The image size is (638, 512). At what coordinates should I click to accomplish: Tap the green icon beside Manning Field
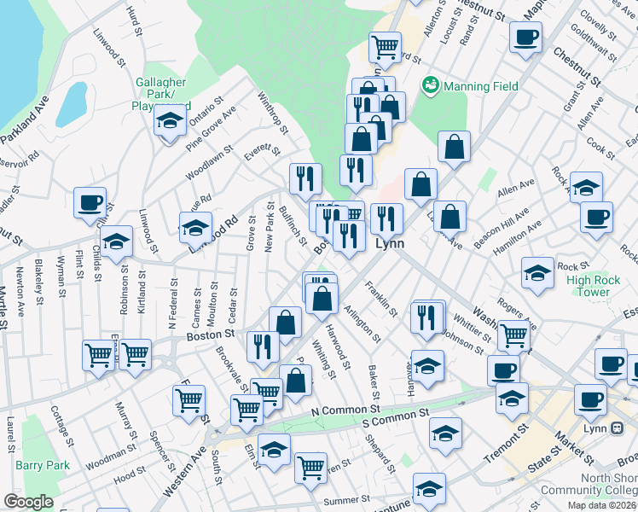[x=430, y=85]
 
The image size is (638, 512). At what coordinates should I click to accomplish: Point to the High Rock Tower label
[x=588, y=286]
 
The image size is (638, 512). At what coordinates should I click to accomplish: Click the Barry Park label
[x=42, y=465]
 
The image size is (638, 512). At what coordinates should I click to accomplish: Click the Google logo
[x=28, y=503]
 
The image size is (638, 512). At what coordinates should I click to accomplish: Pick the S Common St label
[x=394, y=418]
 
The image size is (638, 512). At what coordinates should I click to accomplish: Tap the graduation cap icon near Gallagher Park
[x=171, y=121]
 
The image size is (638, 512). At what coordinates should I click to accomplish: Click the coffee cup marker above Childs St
[x=90, y=203]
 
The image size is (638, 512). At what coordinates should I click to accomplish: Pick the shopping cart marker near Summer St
[x=310, y=467]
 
